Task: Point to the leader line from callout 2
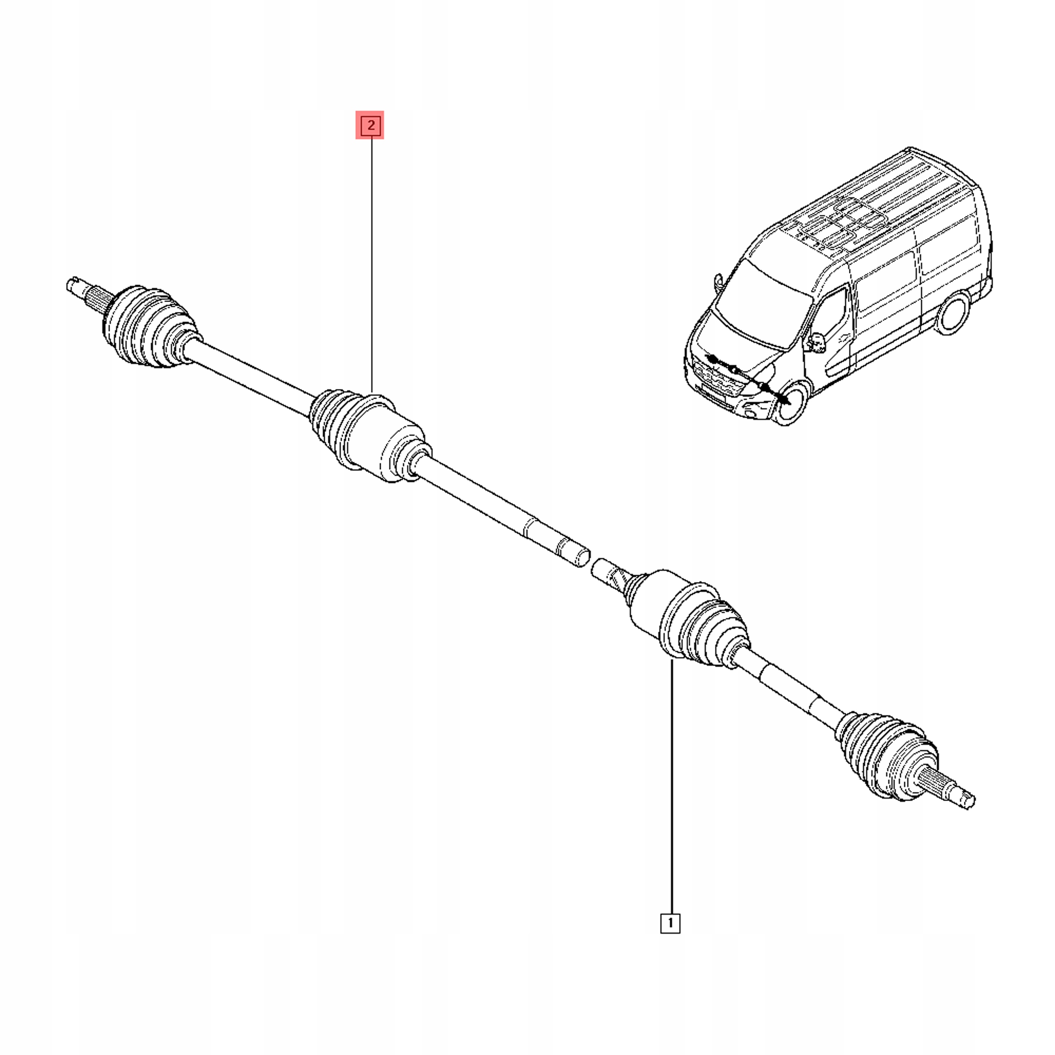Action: [x=371, y=262]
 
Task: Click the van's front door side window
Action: [x=833, y=317]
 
